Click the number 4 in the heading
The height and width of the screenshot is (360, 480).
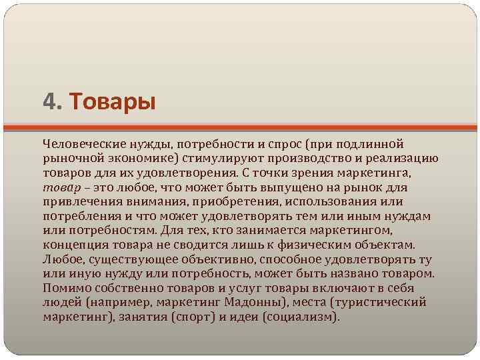coord(49,102)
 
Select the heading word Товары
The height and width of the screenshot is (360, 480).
coord(111,102)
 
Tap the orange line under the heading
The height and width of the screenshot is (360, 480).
coord(240,127)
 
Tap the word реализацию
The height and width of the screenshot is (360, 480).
coord(399,158)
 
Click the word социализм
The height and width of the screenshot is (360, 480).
coord(297,317)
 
